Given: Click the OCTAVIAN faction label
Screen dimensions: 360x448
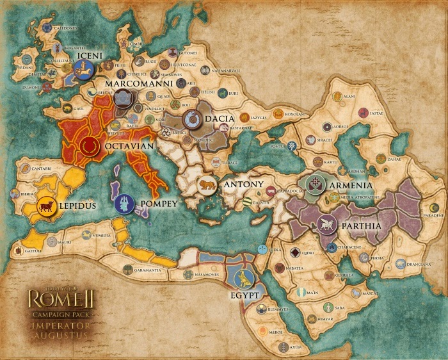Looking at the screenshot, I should coord(129,146).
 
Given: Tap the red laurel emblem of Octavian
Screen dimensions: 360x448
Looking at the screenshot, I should coord(90,145).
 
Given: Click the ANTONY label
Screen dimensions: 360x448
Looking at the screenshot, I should coord(244,184).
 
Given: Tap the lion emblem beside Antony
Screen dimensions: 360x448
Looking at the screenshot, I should coord(206,186).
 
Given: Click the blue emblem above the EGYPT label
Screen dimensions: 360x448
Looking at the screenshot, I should coord(244,278).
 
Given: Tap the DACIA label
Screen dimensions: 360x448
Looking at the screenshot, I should coord(219,119).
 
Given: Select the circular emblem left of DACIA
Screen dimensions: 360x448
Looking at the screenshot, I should coord(191,119).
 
